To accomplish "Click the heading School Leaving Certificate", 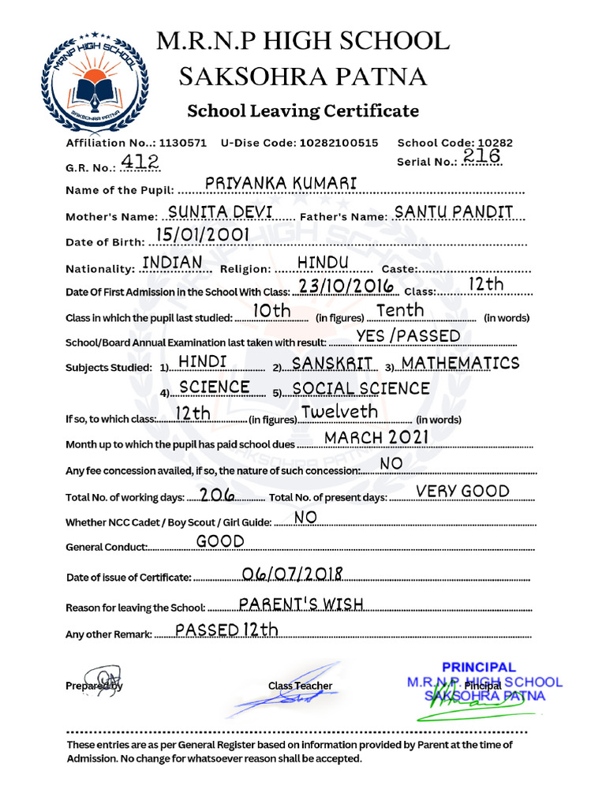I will tap(302, 110).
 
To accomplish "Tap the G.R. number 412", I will tap(140, 162).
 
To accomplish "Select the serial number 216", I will tap(482, 156).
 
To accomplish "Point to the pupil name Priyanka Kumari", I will tap(281, 183).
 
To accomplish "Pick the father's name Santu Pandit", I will tap(454, 211).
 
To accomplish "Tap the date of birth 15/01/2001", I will tap(202, 234).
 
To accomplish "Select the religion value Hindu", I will tap(323, 262).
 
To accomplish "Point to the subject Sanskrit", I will tap(332, 363).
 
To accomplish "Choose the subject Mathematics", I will tap(461, 363).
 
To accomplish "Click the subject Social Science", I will tap(361, 388).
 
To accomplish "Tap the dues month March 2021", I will tap(376, 437).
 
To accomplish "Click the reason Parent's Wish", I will tap(301, 604).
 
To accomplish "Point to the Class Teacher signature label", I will tap(300, 686).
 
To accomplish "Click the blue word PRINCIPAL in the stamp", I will tap(478, 667).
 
